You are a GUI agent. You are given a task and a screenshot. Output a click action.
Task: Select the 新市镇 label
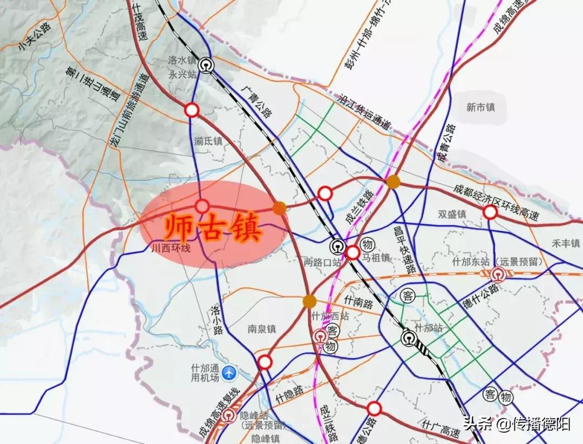[480, 107]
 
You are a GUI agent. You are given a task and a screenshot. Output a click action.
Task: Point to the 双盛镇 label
[452, 214]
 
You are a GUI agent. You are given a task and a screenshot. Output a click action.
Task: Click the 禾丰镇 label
[565, 243]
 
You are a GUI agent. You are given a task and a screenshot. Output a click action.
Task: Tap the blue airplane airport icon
[230, 372]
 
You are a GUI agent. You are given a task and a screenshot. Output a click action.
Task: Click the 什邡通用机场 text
[205, 373]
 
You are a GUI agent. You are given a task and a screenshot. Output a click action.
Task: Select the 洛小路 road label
[216, 319]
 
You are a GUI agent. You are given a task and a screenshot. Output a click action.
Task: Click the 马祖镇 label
[376, 258]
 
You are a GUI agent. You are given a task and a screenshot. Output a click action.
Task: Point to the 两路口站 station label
[323, 263]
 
